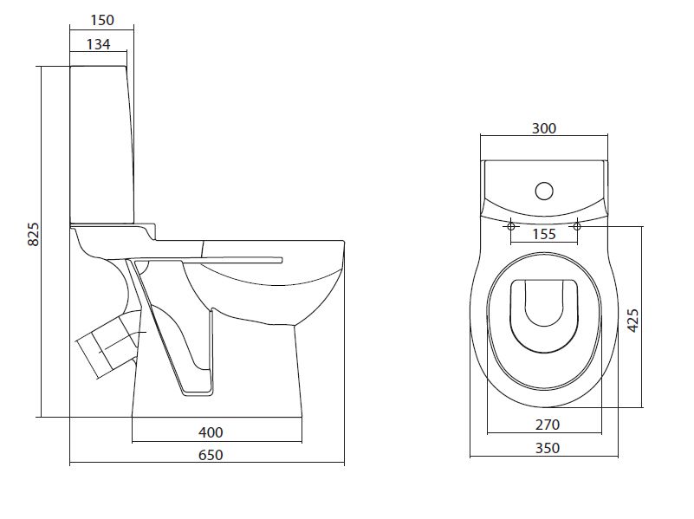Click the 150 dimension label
pos(101,20)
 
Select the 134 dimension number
pos(98,44)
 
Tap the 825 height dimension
pos(34,234)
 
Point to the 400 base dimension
pos(211,431)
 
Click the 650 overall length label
pos(211,454)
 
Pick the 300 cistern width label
pos(543,128)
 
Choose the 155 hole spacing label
pos(544,234)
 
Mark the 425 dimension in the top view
pos(633,321)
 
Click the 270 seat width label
pos(548,425)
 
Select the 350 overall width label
pos(548,448)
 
